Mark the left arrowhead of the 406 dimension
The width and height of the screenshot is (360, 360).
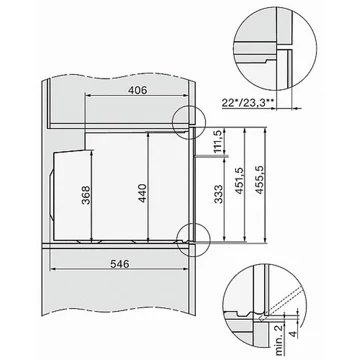[x=84, y=98]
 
